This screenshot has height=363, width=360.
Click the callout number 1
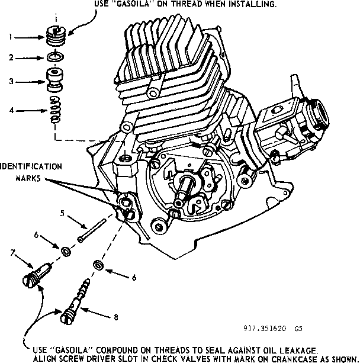(x=9, y=37)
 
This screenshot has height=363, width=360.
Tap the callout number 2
(x=9, y=57)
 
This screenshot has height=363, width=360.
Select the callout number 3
(x=9, y=82)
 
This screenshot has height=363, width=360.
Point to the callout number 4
(x=9, y=110)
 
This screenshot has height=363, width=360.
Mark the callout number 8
(x=115, y=317)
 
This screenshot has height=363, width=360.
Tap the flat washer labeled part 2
(x=55, y=57)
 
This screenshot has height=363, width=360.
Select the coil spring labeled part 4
(x=54, y=110)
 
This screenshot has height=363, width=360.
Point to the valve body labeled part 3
(x=54, y=81)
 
